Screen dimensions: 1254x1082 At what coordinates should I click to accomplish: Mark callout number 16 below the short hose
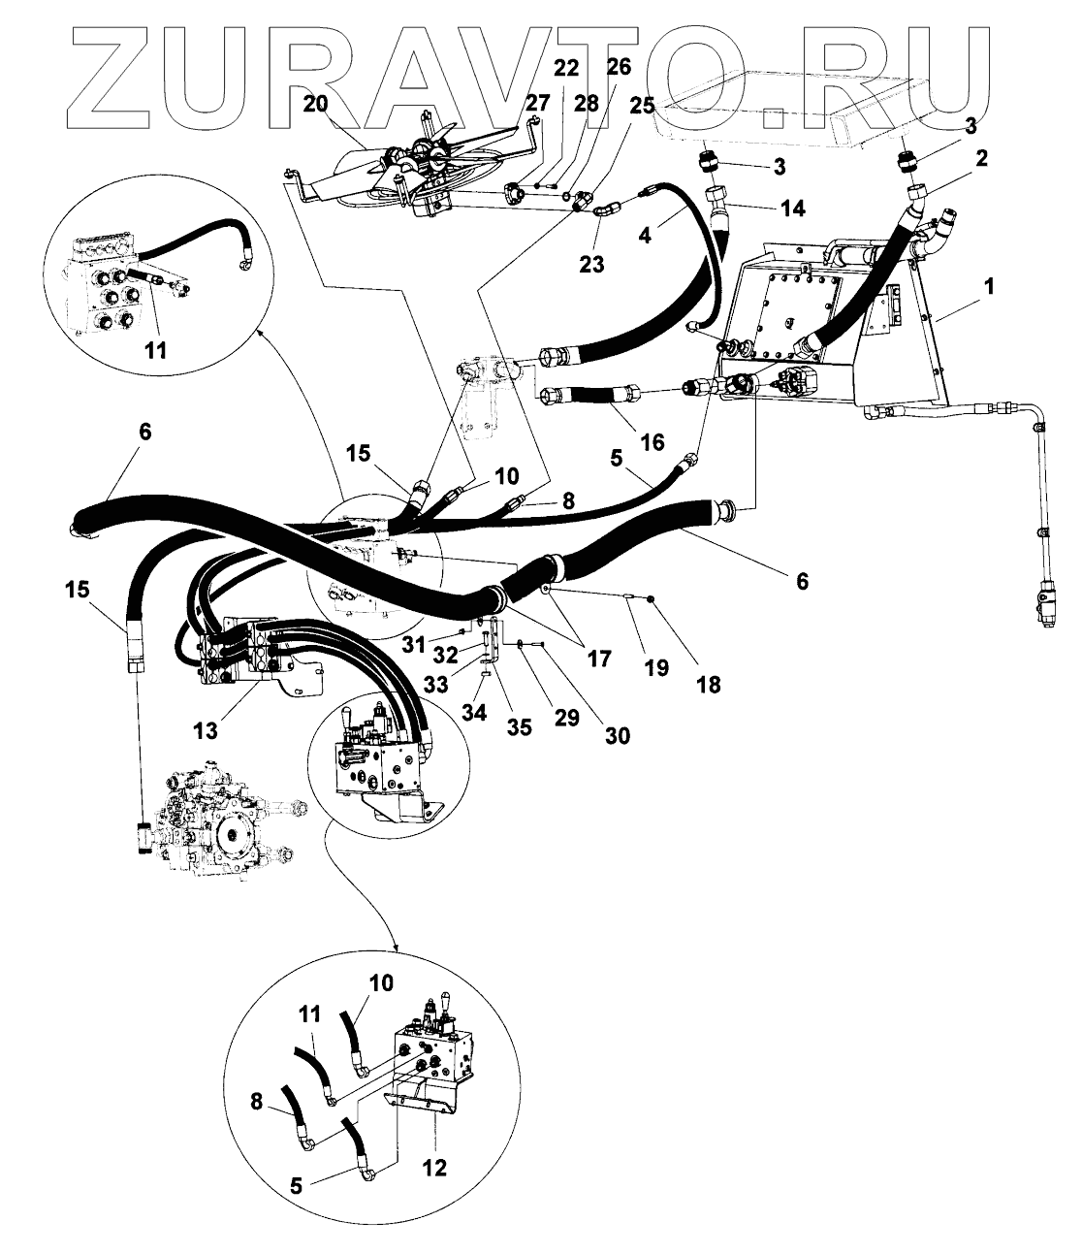point(652,442)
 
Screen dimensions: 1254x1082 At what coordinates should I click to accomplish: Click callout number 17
point(598,659)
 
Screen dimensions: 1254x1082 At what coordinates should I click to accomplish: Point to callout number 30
point(617,736)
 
